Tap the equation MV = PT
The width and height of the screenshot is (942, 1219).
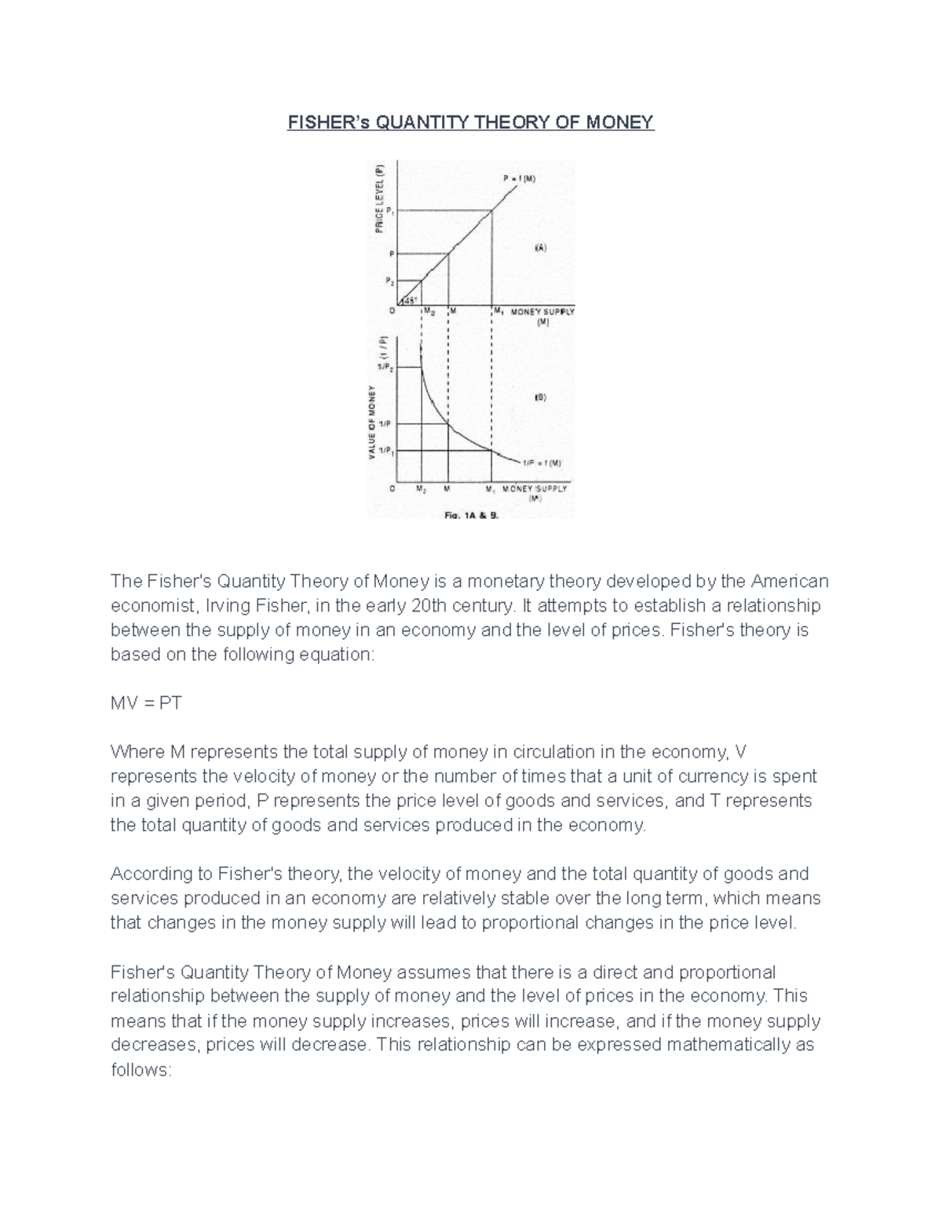pyautogui.click(x=146, y=703)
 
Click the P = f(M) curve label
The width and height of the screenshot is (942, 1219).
pyautogui.click(x=520, y=179)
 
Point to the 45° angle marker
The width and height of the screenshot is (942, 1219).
pyautogui.click(x=409, y=300)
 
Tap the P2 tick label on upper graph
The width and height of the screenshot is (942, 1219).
pyautogui.click(x=389, y=280)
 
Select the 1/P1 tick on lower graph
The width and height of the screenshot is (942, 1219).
pyautogui.click(x=385, y=451)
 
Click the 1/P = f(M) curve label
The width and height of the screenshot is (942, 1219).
pyautogui.click(x=542, y=463)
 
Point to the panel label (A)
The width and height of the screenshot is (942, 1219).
pyautogui.click(x=541, y=248)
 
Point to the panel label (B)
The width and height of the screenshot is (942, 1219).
pyautogui.click(x=540, y=398)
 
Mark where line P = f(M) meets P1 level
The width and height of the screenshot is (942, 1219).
pyautogui.click(x=492, y=210)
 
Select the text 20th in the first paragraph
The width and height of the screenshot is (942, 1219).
pyautogui.click(x=431, y=605)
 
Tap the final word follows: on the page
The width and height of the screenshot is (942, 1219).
pyautogui.click(x=141, y=1070)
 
